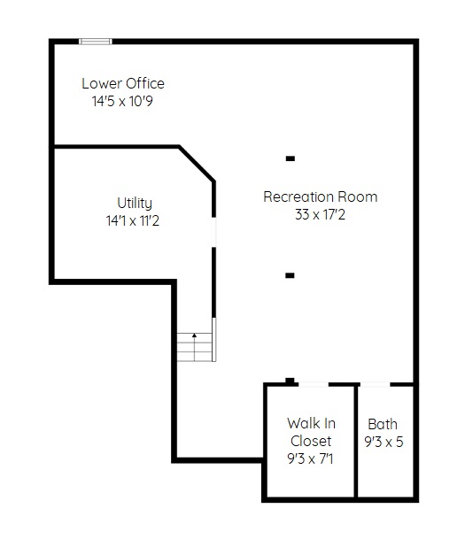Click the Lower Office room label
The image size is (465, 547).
tap(123, 84)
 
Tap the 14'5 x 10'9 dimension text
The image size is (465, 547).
tap(122, 102)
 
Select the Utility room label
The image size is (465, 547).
tap(135, 203)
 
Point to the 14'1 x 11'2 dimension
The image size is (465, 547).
tap(133, 220)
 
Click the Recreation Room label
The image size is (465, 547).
tap(321, 196)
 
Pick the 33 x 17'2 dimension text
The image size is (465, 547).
tap(320, 214)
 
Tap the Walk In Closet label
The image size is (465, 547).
tap(311, 432)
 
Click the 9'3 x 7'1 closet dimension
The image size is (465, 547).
tap(310, 458)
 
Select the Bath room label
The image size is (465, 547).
tap(383, 424)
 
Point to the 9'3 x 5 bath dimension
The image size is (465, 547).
tap(384, 442)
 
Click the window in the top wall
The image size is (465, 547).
tap(96, 42)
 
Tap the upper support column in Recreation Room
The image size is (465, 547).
tap(291, 158)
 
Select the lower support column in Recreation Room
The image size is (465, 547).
tap(290, 275)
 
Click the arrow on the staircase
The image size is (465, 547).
tap(195, 347)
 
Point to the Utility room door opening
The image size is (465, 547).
tap(214, 233)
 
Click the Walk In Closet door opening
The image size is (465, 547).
tap(314, 384)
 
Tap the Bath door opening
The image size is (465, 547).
tap(375, 384)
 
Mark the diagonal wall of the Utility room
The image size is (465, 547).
tap(197, 164)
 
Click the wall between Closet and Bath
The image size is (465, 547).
tap(356, 441)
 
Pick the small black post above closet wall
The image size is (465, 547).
tap(290, 381)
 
